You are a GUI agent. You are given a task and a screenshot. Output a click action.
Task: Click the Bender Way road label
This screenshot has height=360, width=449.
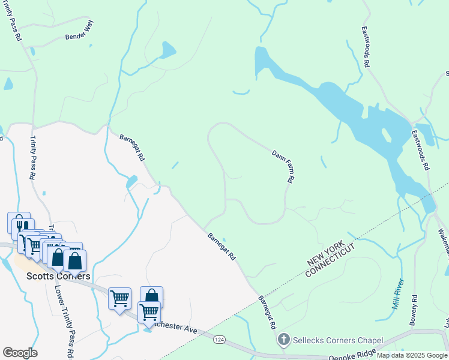tap(80, 37)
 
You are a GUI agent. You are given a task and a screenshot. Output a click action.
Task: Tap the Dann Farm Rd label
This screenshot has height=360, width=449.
tap(283, 166)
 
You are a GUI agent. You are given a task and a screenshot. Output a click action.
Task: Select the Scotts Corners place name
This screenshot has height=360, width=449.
tap(58, 276)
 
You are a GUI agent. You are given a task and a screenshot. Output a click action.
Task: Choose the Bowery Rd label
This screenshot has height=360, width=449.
tap(414, 310)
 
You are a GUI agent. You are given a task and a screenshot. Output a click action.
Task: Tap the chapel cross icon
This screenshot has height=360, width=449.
tap(284, 340)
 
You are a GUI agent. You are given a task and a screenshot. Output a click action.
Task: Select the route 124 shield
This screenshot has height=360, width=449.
tap(220, 340)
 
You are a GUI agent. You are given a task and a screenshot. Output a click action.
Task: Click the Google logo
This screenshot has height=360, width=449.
tap(20, 353)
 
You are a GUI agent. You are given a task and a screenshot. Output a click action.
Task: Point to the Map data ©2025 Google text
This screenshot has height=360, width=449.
tap(412, 355)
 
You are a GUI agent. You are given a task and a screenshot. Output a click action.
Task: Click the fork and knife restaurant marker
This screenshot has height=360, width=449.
tap(20, 224)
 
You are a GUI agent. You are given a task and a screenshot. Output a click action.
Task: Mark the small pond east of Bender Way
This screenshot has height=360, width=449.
tap(167, 49)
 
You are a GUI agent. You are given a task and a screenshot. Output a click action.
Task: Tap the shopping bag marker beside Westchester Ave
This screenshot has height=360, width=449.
tap(152, 296)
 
